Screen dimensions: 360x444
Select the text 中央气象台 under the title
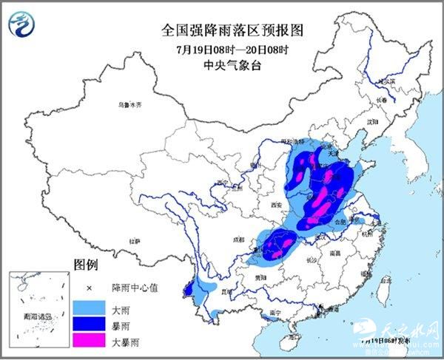coord(223,65)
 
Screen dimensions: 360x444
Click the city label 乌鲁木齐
coord(129,105)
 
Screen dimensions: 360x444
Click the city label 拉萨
coord(134,241)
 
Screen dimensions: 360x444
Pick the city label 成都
coord(237,239)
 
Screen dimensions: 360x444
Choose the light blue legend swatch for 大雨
coord(88,306)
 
